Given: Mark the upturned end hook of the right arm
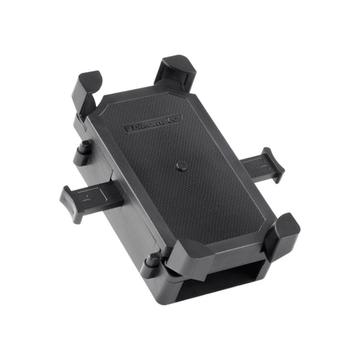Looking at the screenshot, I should [x=273, y=163].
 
